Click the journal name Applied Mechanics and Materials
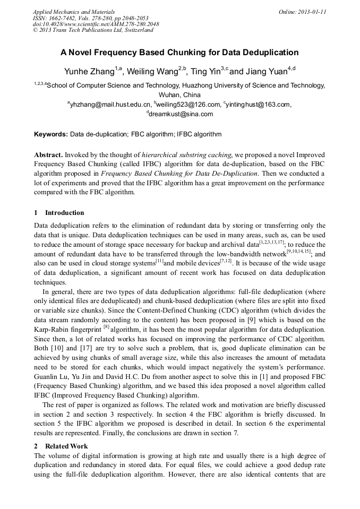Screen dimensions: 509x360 point(74,11)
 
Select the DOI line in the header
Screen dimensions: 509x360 point(96,24)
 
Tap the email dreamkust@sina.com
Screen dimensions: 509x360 point(181,114)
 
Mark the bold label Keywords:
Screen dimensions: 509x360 point(51,135)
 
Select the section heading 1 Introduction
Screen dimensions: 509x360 point(59,213)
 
